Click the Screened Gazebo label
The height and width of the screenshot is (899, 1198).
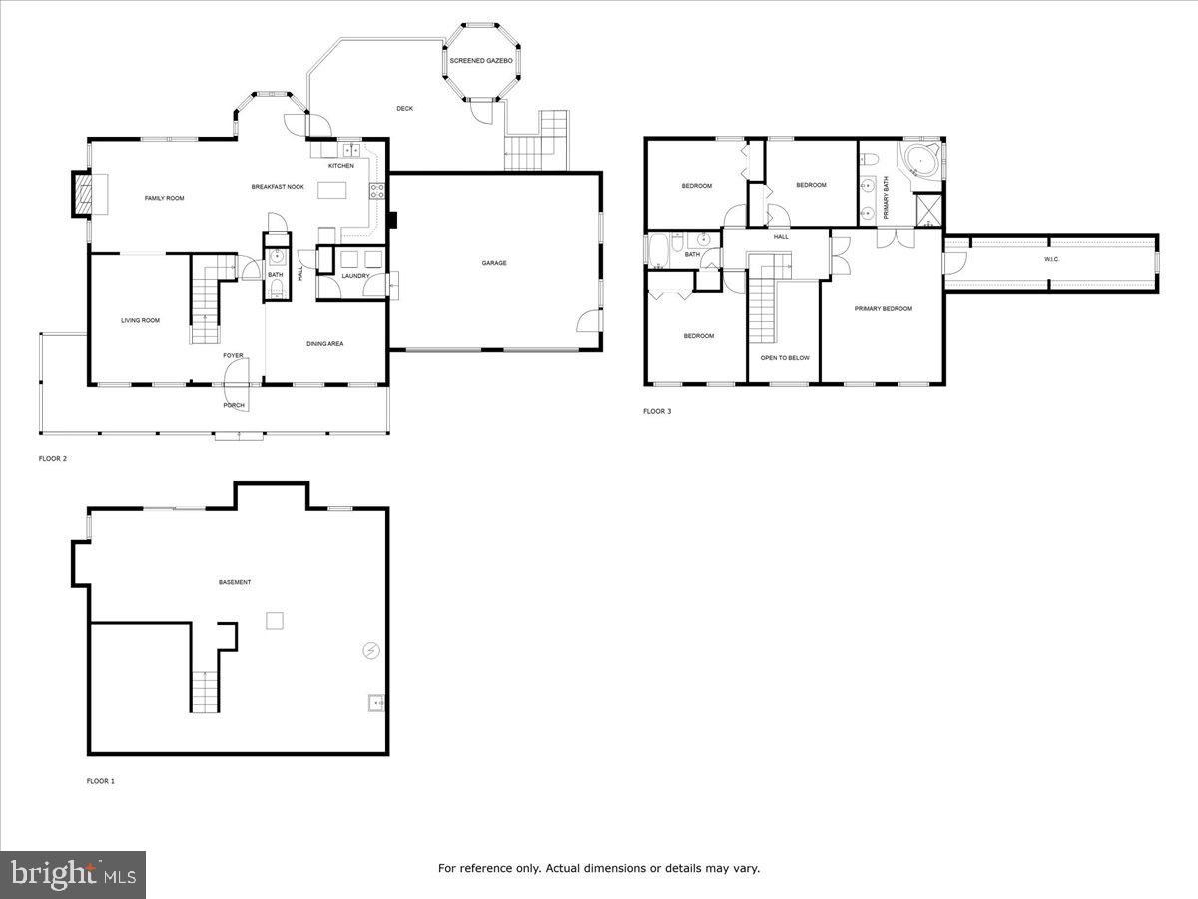(481, 61)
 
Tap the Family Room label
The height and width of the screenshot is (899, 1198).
(165, 198)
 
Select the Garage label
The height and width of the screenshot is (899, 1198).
(494, 263)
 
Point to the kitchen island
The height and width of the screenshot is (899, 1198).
(336, 190)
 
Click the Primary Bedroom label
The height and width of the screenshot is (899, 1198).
(883, 308)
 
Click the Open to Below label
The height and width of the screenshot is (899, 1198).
(785, 357)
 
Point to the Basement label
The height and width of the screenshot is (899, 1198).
(235, 582)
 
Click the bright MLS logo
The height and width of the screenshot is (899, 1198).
(73, 875)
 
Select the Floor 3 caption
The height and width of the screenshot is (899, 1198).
(656, 411)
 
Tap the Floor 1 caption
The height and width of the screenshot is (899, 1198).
(100, 780)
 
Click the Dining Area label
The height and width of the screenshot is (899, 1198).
(325, 343)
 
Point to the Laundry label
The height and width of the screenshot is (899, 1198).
(355, 276)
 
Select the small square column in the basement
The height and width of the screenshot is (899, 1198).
(275, 621)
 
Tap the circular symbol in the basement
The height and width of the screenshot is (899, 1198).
(371, 651)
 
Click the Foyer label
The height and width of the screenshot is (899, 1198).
(233, 355)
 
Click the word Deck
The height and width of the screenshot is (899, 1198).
(404, 108)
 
